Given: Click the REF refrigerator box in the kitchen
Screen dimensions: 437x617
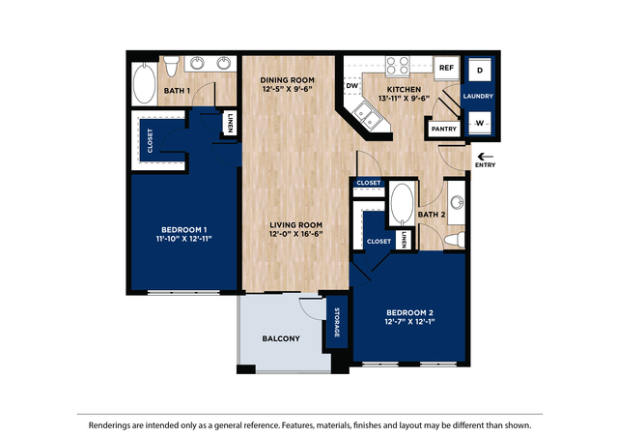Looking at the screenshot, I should point(446,69).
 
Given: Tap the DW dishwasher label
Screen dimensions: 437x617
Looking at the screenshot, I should point(351,84).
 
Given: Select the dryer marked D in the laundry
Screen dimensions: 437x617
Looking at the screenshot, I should point(479,71).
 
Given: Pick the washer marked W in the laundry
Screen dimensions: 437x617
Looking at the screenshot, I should point(479,123).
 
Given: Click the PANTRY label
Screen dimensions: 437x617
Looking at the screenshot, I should point(443,128).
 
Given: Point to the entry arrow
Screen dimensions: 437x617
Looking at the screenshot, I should point(485,156).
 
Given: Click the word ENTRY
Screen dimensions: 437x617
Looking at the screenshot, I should point(485,166).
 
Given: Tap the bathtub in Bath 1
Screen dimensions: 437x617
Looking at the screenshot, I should point(146,84).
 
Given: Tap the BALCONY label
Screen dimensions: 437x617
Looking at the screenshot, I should point(281,338).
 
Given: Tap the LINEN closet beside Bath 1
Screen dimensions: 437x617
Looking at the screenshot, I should point(231,124).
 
